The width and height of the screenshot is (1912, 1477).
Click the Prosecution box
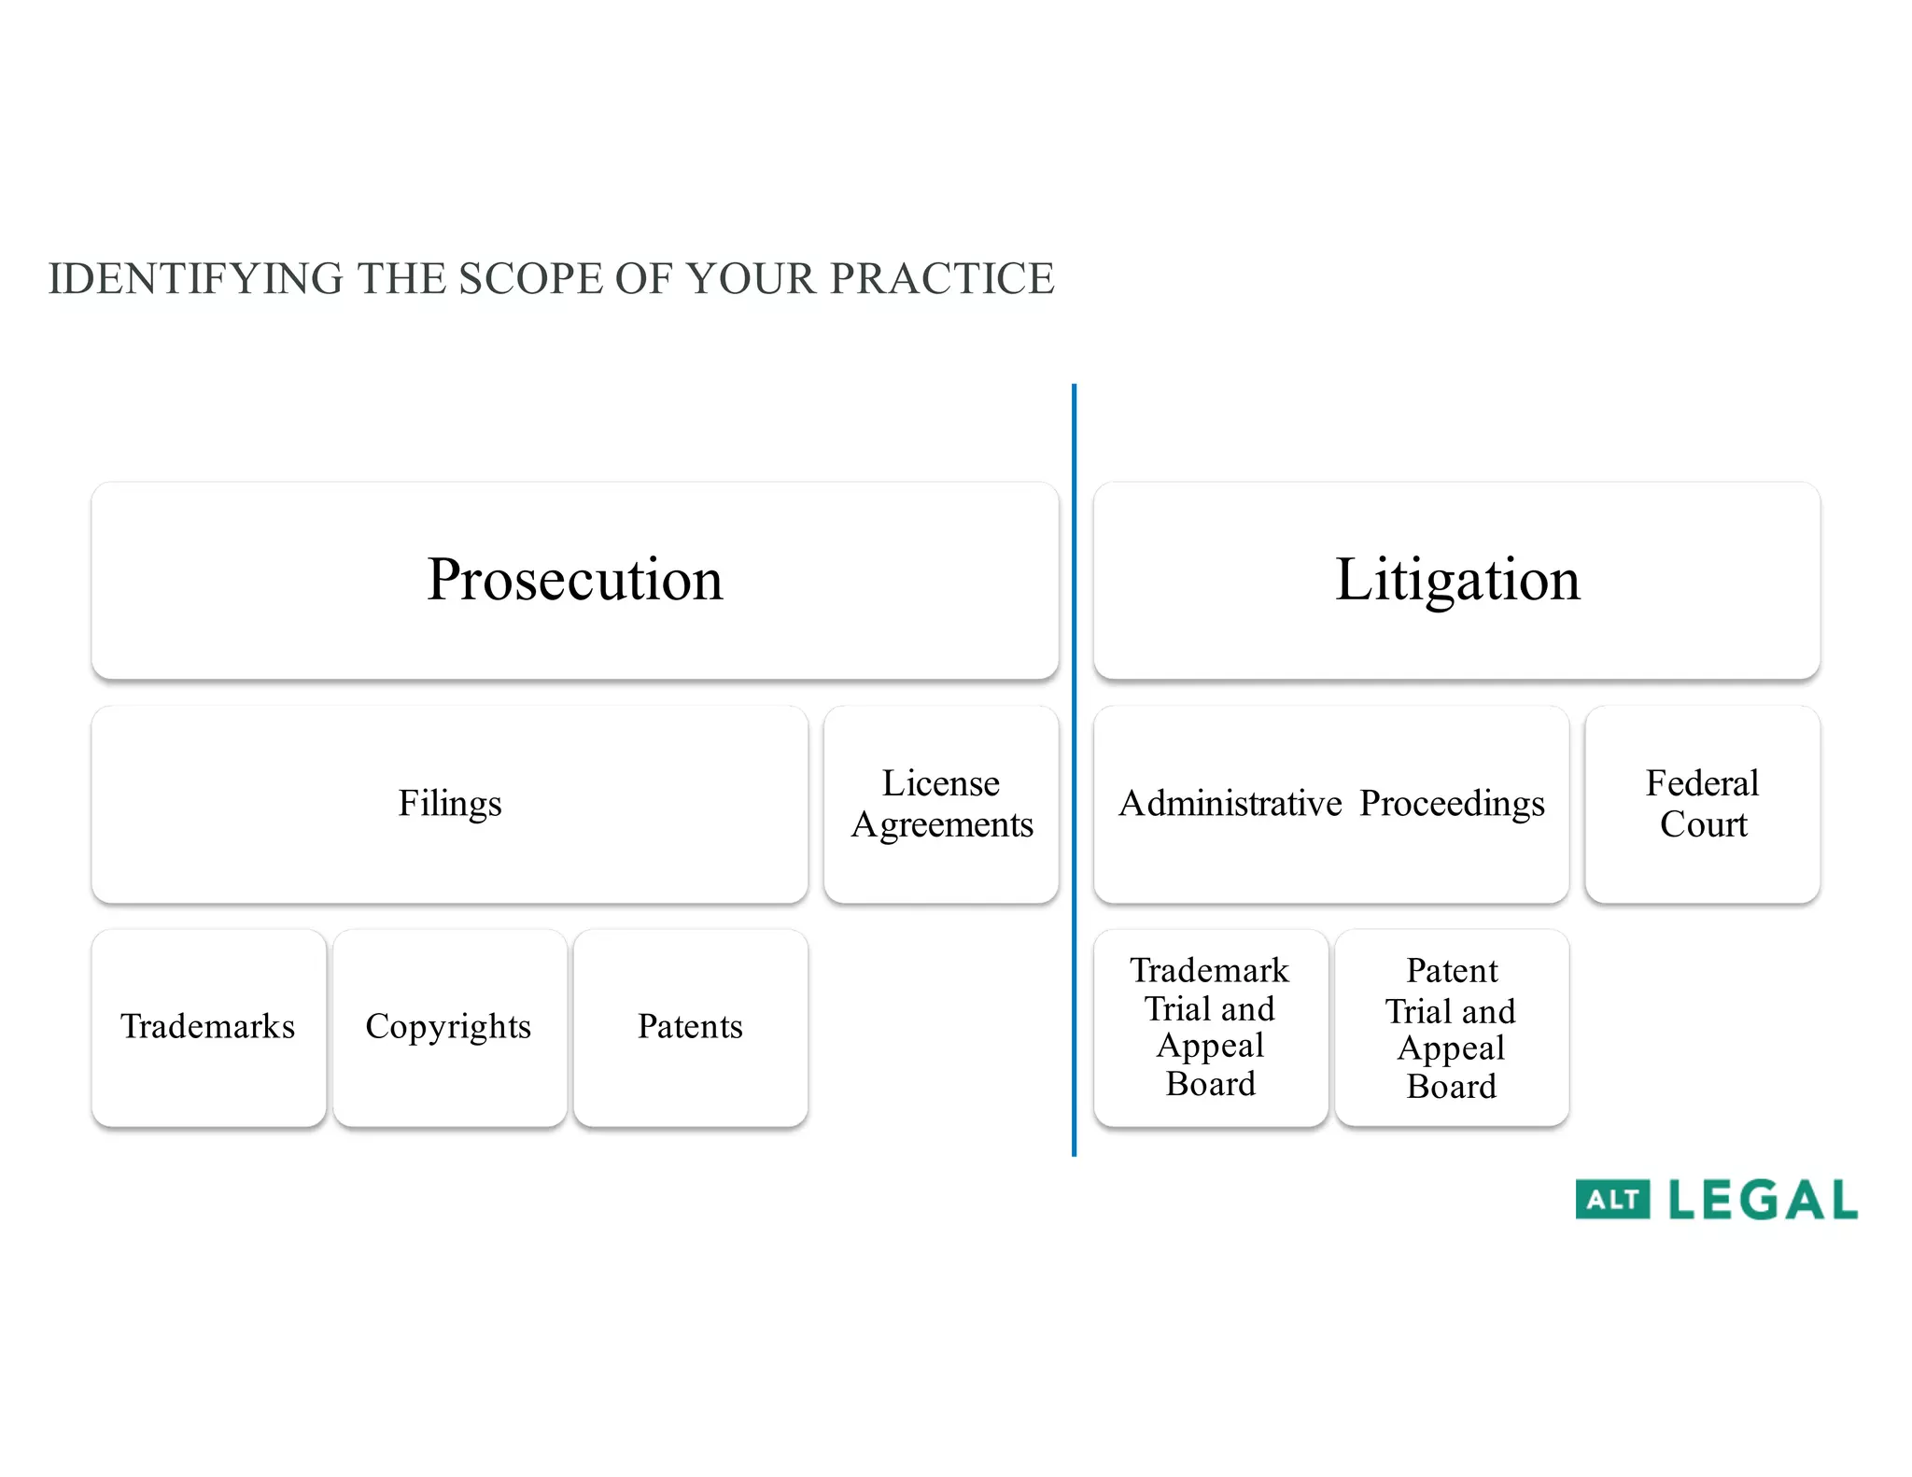[574, 580]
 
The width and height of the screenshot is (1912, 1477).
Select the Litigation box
[1456, 580]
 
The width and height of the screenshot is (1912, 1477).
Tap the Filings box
[449, 804]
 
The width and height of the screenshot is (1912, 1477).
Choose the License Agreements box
[941, 804]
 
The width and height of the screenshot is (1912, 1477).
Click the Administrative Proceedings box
[1330, 804]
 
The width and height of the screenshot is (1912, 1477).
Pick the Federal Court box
[1702, 804]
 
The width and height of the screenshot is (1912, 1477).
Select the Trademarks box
[208, 1027]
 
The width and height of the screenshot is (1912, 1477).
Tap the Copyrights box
[449, 1027]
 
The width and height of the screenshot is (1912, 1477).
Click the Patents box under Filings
[690, 1027]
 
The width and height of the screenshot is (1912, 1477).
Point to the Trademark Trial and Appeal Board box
[1210, 1027]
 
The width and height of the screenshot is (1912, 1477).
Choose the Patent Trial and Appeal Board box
[1451, 1027]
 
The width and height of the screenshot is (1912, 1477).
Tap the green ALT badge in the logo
[1612, 1200]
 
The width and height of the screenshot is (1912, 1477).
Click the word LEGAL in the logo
[1763, 1200]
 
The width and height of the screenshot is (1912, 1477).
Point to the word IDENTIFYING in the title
[196, 279]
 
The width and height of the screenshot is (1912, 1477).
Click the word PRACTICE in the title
[942, 279]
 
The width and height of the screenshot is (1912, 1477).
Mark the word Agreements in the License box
[942, 825]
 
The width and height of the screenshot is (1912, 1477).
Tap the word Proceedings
[1452, 804]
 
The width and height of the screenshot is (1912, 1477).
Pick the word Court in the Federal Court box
[1703, 825]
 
